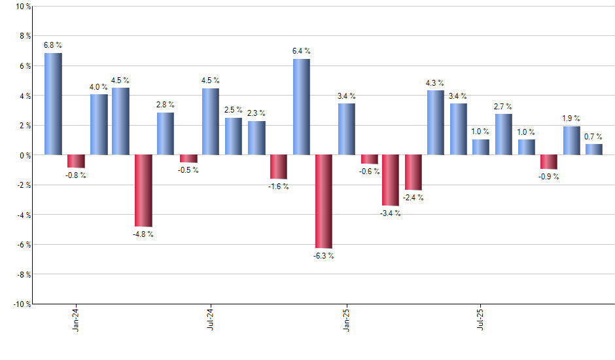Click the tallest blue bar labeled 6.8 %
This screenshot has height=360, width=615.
click(x=53, y=104)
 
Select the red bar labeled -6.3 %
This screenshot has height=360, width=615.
click(x=323, y=202)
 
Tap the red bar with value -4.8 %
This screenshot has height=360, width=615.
click(x=143, y=190)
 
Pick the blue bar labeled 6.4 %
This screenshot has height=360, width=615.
click(x=301, y=107)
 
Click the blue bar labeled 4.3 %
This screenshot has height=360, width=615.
click(x=436, y=122)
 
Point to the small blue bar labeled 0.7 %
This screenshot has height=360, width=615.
click(x=593, y=149)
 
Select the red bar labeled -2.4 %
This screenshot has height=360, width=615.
click(x=413, y=172)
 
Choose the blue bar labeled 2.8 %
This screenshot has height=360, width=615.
click(x=166, y=134)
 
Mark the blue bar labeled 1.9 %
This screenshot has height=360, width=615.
click(x=571, y=141)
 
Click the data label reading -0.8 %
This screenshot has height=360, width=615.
click(x=76, y=175)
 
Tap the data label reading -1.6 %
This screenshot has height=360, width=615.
click(x=279, y=187)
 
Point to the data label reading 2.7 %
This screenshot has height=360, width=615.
click(x=503, y=107)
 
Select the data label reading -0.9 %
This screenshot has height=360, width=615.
click(x=548, y=177)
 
